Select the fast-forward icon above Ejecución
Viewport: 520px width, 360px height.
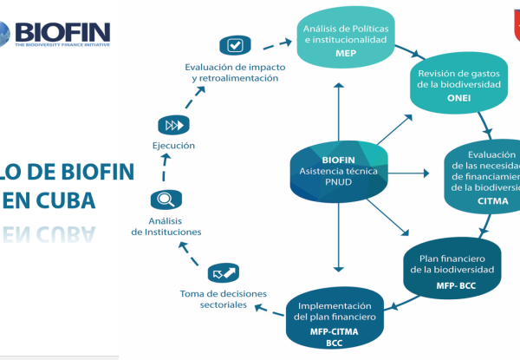click(x=173, y=126)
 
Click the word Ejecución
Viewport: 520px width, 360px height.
click(x=173, y=146)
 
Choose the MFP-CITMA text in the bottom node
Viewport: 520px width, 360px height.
click(x=335, y=331)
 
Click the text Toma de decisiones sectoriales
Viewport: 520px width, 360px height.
click(x=213, y=299)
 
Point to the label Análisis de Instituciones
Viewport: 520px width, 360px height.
click(x=166, y=226)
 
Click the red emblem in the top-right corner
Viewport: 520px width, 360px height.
click(x=510, y=16)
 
